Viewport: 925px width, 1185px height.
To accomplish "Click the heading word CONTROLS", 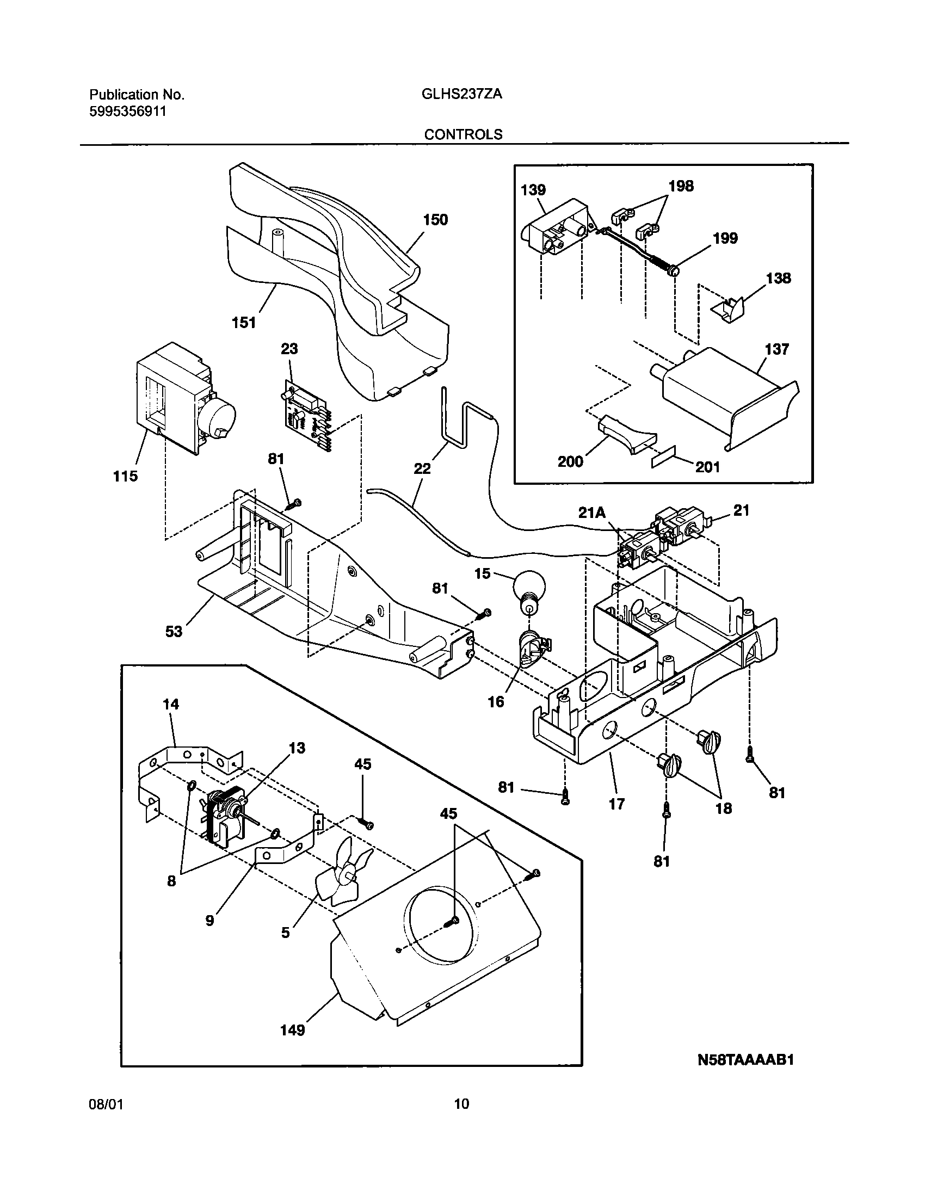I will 463,134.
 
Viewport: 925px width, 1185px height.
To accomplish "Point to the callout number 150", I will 435,220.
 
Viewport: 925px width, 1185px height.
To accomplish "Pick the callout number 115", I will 125,476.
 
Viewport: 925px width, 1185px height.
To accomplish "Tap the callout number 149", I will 293,1030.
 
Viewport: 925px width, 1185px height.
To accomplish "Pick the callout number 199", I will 725,238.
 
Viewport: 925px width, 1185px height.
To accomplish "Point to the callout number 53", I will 174,632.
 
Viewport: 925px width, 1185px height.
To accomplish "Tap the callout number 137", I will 776,349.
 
